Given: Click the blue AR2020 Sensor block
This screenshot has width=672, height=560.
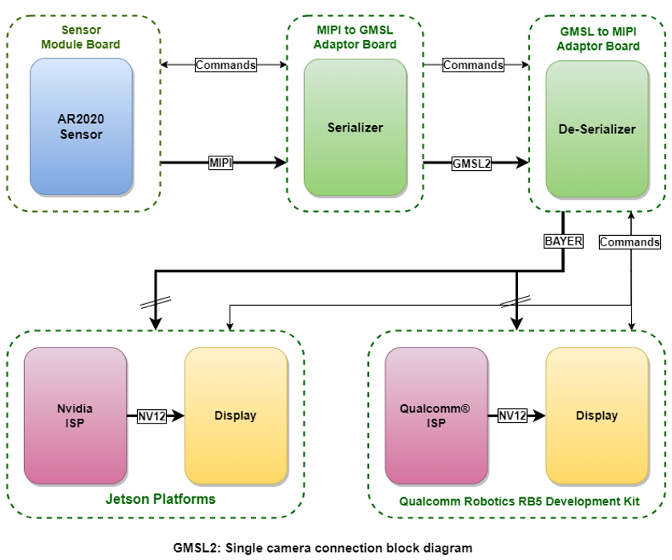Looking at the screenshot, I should pos(82,126).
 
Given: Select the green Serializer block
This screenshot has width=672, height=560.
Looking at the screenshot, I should pos(355,127).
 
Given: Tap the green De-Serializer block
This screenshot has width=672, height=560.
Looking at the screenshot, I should pos(597,128).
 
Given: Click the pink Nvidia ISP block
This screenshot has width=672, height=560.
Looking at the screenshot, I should pos(75,416).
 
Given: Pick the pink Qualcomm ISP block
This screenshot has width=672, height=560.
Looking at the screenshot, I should pos(435,416).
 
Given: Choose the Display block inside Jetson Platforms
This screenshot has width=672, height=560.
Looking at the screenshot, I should pos(236,416).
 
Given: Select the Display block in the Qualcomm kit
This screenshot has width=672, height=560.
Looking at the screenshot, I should pos(597,416).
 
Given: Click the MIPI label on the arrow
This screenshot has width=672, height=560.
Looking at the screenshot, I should pos(221,163).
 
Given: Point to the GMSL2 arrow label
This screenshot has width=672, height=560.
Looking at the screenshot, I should pos(472,163).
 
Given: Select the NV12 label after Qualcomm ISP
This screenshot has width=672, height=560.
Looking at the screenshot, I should pos(513,416).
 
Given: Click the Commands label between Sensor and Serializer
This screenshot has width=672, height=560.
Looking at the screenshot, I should pos(225,65).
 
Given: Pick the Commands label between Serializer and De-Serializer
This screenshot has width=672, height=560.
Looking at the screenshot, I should pos(473,65).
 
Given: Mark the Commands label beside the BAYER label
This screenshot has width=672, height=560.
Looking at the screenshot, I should pos(629,241).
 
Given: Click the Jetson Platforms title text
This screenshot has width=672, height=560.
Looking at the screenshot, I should pos(160,499).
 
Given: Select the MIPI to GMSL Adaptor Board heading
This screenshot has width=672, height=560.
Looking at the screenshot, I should pos(355,38).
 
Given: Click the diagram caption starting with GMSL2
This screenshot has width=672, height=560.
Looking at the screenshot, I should pos(323,548).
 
